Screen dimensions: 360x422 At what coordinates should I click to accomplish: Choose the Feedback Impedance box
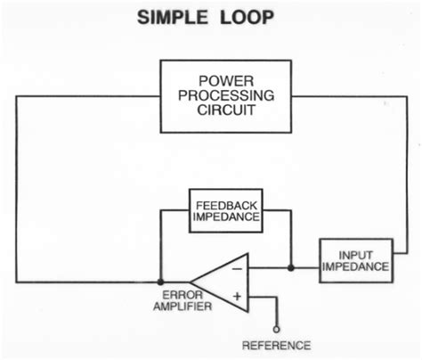(x=227, y=209)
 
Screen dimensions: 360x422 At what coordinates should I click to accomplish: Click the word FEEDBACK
(x=227, y=203)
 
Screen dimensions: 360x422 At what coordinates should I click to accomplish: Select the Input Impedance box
(x=353, y=258)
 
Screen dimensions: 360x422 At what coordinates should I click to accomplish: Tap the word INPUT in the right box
(x=353, y=252)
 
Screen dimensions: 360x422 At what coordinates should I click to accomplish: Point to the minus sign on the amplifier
(x=236, y=266)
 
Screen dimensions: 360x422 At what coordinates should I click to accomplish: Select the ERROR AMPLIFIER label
(x=186, y=300)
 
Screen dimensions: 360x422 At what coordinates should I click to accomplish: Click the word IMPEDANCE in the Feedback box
(x=227, y=217)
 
